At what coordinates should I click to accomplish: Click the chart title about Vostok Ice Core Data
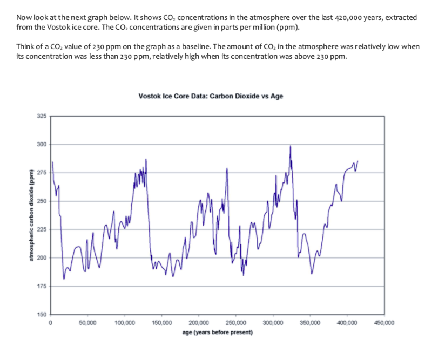pos(211,96)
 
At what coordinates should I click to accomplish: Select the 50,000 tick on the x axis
pos(87,322)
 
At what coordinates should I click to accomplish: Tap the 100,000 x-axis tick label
pos(125,322)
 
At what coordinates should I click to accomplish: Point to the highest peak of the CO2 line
pos(291,146)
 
